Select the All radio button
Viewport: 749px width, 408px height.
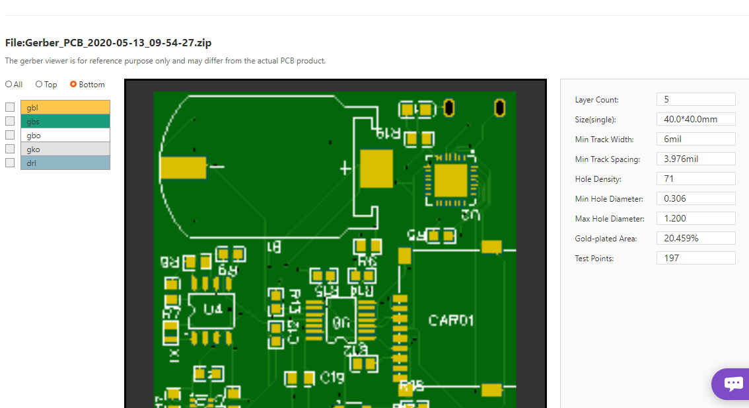9,85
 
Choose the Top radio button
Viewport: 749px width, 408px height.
39,85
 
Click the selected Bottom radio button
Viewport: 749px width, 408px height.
73,85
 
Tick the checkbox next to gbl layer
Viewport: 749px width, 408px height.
10,107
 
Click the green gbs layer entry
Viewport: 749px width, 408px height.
65,121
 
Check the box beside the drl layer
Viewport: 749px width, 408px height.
10,163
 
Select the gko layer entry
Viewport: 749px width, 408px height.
65,149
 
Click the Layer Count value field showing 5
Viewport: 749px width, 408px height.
695,99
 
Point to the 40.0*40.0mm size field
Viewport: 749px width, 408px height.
695,119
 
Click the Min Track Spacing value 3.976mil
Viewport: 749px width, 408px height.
695,159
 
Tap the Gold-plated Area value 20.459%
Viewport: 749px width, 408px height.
695,238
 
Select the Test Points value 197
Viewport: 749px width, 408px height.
695,258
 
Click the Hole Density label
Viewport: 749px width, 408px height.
598,179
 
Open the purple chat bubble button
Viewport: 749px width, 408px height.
732,384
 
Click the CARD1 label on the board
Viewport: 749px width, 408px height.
451,321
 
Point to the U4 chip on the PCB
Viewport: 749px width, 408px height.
212,309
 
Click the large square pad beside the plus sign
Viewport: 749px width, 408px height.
376,167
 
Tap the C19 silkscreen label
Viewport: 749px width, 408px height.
332,378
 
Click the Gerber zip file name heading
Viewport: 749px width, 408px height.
108,43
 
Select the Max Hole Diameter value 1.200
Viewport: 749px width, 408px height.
695,218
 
